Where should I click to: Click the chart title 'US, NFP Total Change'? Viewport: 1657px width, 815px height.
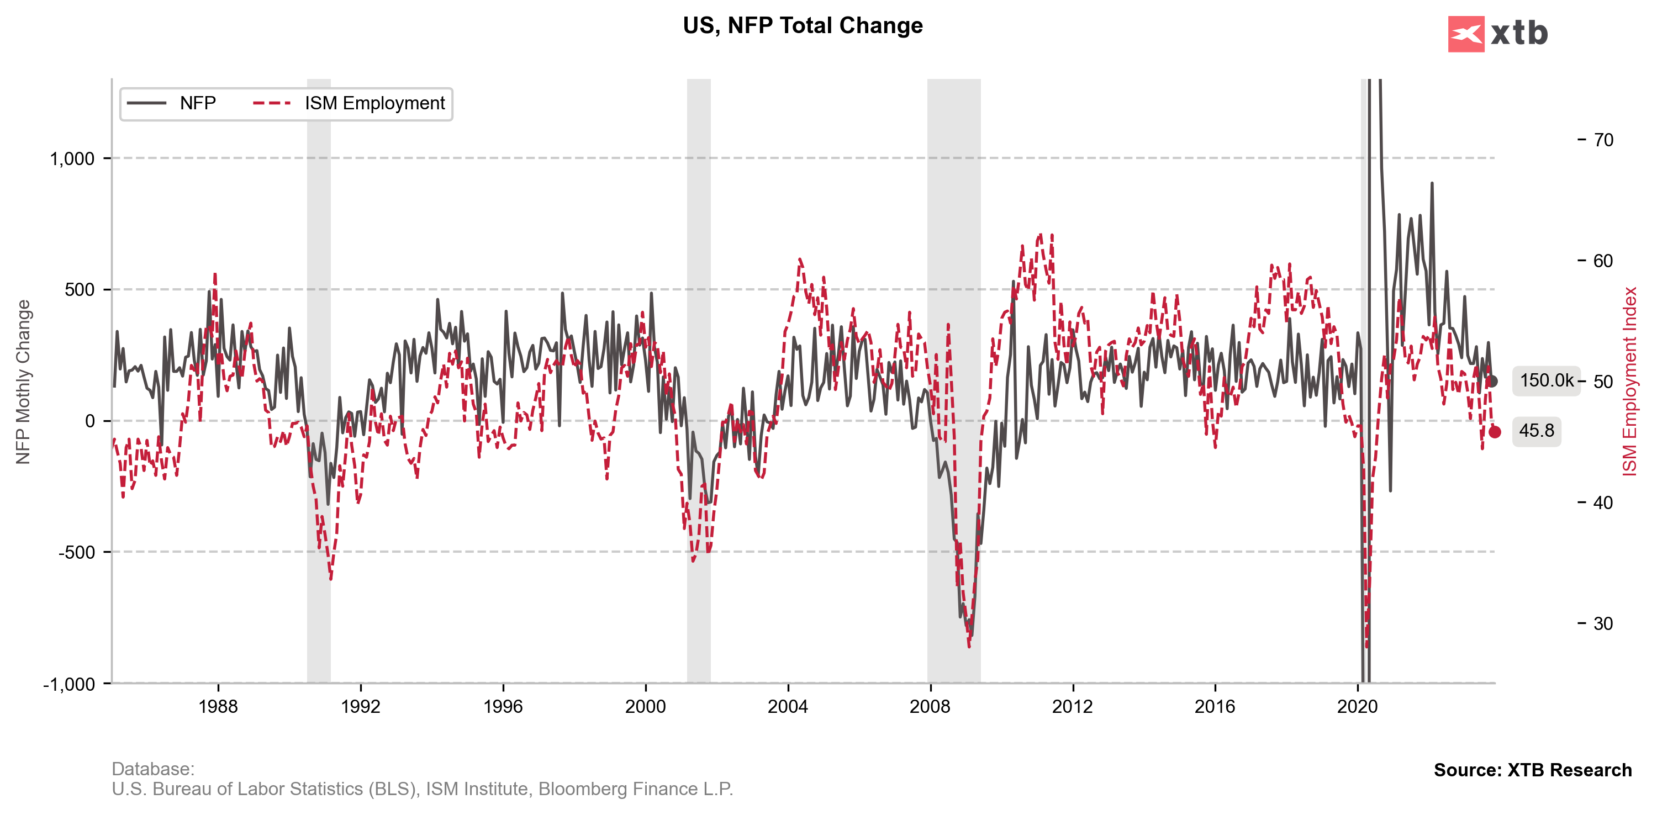(802, 26)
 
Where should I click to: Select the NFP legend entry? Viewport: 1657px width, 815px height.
(172, 104)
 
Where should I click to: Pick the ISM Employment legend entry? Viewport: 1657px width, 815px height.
(349, 104)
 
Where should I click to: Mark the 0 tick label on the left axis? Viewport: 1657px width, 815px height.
(89, 421)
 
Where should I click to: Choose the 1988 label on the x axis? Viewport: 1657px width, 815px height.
(218, 706)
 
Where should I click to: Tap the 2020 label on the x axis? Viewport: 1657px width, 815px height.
(1357, 706)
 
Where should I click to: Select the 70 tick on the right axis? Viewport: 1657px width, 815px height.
(1603, 140)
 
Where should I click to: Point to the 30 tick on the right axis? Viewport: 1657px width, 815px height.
(1603, 623)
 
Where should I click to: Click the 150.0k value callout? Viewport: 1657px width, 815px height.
(1546, 381)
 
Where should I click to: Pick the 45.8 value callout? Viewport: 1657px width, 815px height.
(1536, 430)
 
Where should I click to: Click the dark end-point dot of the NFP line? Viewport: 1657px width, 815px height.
(1492, 382)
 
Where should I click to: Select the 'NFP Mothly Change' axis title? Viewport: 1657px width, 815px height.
(23, 382)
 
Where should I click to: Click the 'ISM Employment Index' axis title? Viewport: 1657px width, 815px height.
(1629, 382)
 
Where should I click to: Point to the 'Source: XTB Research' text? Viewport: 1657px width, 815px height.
(1532, 770)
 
